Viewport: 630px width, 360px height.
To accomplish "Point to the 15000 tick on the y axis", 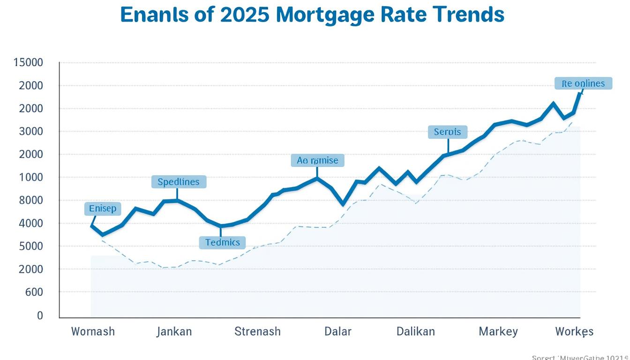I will (x=29, y=62).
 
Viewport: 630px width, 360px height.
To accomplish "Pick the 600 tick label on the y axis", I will (x=34, y=292).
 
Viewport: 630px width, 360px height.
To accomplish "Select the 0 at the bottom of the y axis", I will (x=40, y=315).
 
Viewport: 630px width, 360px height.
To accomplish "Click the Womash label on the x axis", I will (x=93, y=331).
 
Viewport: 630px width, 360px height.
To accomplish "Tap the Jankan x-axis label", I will (x=174, y=331).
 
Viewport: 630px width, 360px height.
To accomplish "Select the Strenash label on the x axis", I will (x=257, y=331).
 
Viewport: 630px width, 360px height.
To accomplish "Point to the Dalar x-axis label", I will (x=338, y=331).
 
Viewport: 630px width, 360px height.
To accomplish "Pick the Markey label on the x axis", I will (x=498, y=331).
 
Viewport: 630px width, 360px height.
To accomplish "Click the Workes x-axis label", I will (x=574, y=331).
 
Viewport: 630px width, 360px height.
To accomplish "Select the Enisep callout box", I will (x=103, y=209).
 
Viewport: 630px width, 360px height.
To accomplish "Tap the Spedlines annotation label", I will (x=179, y=182).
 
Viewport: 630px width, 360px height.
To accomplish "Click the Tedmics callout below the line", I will (x=223, y=242).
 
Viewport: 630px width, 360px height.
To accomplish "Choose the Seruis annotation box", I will (x=448, y=132).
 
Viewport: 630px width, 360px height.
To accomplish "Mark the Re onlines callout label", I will (x=583, y=84).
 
